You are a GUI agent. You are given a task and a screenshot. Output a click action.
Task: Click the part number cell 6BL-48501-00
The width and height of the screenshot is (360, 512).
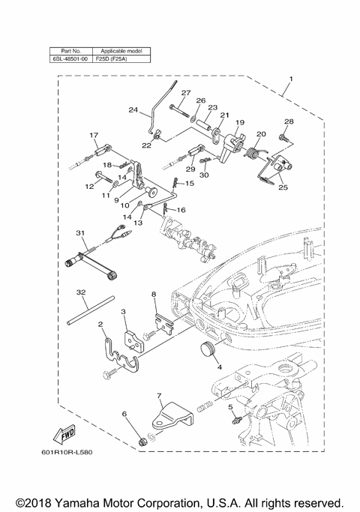[70, 57]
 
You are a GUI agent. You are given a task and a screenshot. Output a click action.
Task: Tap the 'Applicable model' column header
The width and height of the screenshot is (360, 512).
[121, 49]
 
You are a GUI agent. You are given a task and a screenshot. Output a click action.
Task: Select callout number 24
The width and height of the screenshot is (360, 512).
[133, 110]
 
